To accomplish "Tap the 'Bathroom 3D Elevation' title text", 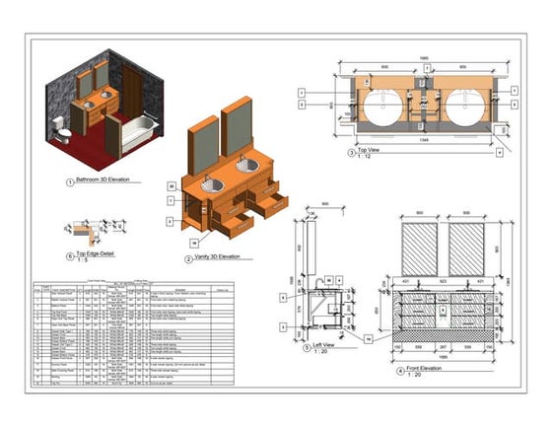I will [x=108, y=181].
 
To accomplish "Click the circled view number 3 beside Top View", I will [x=350, y=154].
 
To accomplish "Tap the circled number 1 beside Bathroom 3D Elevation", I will [x=69, y=182].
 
